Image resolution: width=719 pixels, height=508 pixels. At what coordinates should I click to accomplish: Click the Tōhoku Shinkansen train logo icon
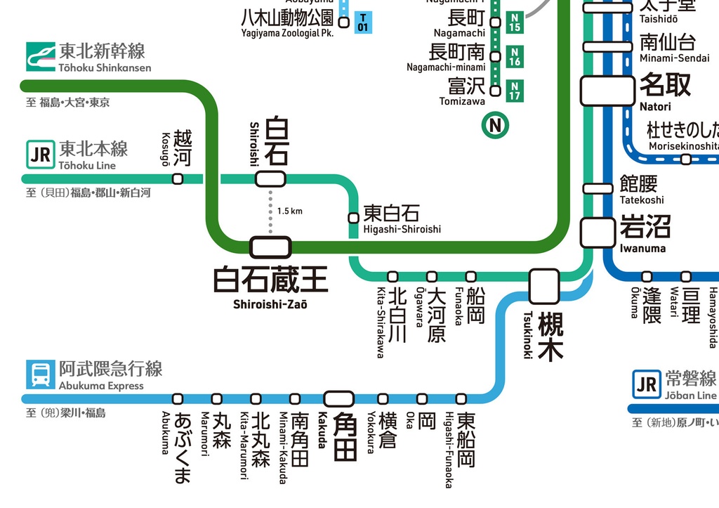click(x=40, y=56)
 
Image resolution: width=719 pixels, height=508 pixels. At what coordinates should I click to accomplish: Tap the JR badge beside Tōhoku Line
click(x=40, y=154)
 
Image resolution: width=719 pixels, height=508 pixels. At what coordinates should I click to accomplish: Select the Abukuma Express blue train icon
click(x=40, y=374)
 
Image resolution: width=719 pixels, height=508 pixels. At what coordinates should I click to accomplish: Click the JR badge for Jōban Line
click(x=646, y=384)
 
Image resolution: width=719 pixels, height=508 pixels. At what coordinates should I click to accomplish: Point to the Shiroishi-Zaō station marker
click(x=270, y=247)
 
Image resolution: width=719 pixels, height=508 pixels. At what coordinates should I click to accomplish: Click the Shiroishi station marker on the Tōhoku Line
click(x=270, y=178)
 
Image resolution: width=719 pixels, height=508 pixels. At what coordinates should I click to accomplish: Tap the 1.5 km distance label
click(x=289, y=211)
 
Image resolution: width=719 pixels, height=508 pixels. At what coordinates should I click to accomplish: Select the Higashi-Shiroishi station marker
click(x=354, y=217)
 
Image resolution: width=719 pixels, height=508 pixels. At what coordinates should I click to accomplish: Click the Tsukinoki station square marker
click(x=544, y=286)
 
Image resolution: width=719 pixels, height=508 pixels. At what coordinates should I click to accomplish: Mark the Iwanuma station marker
click(x=598, y=232)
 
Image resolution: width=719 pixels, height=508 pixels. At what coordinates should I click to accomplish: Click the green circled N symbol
click(x=496, y=126)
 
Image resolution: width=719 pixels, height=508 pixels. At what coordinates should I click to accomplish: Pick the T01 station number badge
click(x=363, y=22)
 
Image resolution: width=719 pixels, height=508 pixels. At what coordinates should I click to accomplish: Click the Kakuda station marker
click(x=339, y=398)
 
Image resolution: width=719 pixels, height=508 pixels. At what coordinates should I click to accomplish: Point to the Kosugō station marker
click(x=178, y=178)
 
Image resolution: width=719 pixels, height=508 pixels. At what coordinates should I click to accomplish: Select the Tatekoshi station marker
click(x=598, y=188)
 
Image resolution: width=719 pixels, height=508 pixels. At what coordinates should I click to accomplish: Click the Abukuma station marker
click(x=178, y=398)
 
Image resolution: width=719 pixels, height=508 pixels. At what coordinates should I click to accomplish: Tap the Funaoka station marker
click(x=470, y=276)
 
